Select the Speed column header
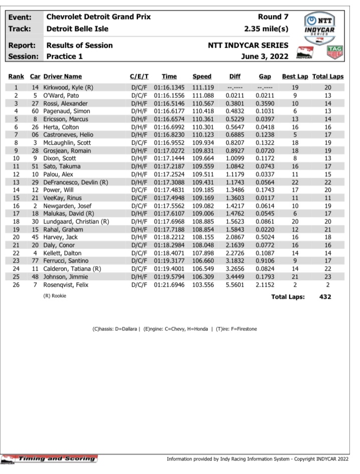202,77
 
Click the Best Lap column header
295,77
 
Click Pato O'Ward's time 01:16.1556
169,95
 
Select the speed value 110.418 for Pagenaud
202,111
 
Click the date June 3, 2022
265,56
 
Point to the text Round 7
273,17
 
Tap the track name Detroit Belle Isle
77,29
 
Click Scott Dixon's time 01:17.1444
169,159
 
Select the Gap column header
265,77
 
